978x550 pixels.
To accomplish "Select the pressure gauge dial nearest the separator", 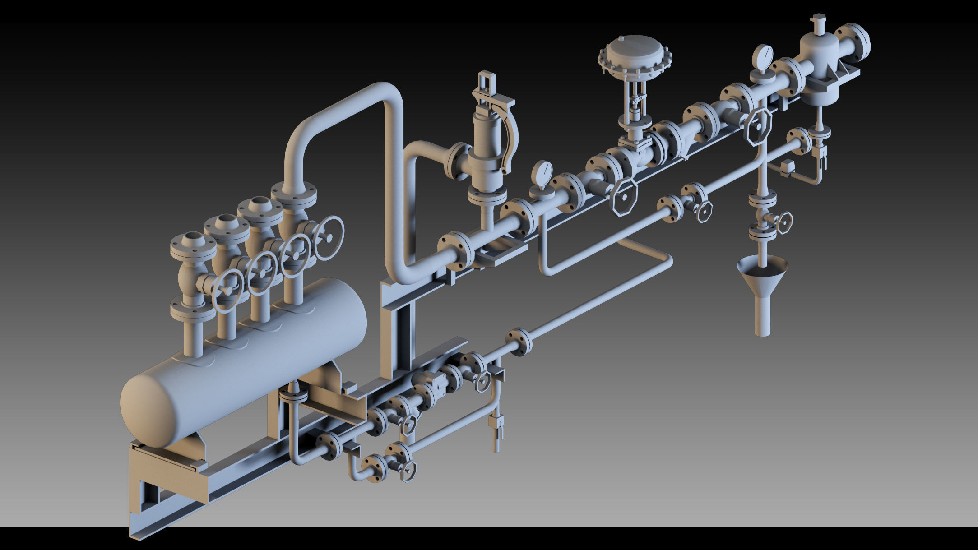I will pyautogui.click(x=763, y=58).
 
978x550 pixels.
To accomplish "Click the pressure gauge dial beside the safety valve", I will pyautogui.click(x=542, y=173).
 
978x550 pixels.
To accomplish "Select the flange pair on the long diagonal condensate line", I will pyautogui.click(x=519, y=342).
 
